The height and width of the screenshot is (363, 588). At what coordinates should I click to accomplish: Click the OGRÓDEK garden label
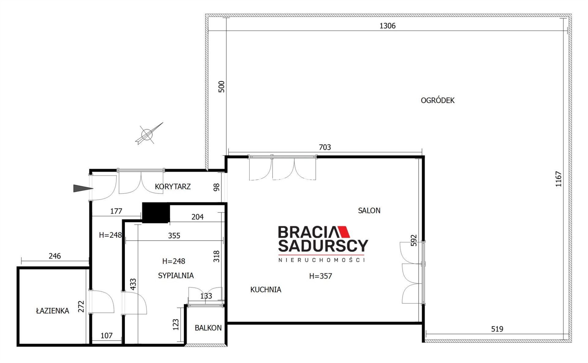437,100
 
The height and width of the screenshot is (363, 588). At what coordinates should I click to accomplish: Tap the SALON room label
369,210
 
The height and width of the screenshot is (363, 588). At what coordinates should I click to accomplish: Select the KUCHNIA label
266,289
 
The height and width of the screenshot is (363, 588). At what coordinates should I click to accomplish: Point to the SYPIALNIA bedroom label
176,275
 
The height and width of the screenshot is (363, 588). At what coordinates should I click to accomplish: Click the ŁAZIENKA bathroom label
53,311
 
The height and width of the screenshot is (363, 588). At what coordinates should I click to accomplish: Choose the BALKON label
208,328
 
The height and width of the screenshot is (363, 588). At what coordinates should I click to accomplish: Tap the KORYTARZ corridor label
173,186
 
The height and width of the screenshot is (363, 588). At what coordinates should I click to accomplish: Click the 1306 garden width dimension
387,26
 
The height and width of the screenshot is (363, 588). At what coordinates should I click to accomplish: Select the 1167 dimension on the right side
559,179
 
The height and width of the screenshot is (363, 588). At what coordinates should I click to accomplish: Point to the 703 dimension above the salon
325,147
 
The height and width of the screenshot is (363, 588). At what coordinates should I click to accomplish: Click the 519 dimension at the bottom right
497,329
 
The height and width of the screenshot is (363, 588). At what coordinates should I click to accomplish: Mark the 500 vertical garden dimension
221,87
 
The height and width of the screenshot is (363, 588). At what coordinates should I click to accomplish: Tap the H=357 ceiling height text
320,276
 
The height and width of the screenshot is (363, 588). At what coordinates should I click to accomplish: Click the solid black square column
156,213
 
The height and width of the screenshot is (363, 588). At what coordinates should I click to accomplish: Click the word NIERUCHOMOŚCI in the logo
322,260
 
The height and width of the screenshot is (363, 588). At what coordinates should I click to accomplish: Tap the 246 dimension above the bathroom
55,256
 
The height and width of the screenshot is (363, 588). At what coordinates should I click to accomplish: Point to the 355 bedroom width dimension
174,236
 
